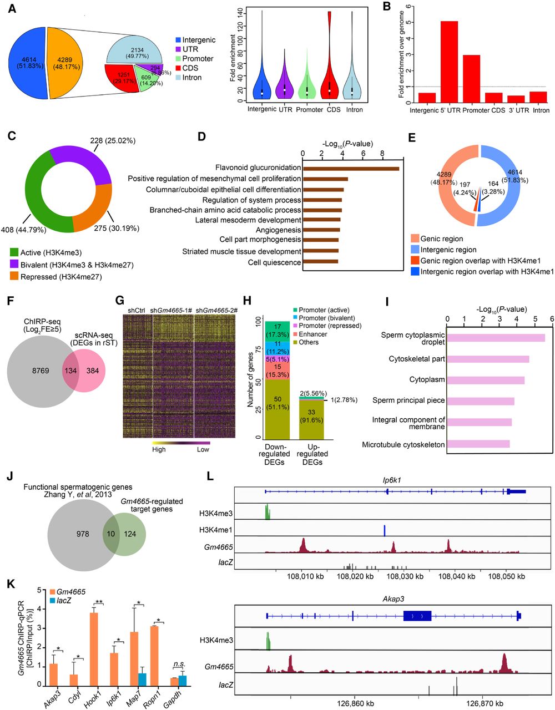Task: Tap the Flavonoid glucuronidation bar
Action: point(350,168)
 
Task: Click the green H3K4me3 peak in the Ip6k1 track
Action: point(267,513)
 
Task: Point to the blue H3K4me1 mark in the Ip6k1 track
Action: point(384,530)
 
